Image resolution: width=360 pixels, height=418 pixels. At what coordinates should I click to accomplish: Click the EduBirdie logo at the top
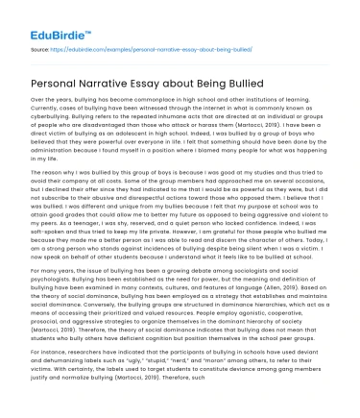51,17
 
